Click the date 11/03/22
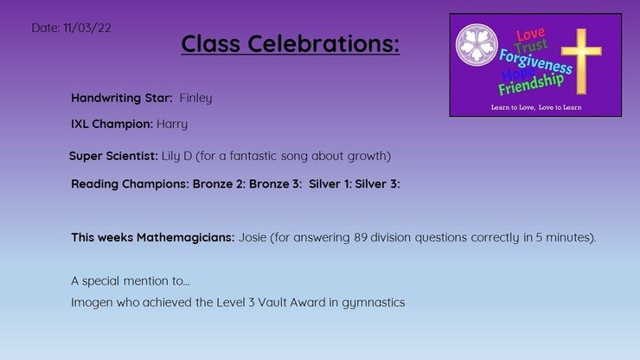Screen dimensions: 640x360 (x=87, y=28)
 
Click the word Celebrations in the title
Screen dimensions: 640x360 (x=323, y=43)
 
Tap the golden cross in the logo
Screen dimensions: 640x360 (x=581, y=61)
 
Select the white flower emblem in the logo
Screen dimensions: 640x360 (x=477, y=44)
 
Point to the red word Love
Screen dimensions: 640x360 (x=530, y=34)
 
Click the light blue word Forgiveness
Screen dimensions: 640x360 (x=535, y=61)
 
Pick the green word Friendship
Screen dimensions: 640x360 (x=531, y=84)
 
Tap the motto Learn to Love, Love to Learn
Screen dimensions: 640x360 (x=536, y=107)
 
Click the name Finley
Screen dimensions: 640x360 (x=196, y=98)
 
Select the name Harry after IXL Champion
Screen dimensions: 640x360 (x=172, y=125)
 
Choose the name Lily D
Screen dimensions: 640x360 (x=176, y=156)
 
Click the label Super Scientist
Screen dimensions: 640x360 (x=113, y=156)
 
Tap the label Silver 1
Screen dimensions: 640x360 (x=330, y=183)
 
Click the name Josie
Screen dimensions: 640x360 (x=253, y=237)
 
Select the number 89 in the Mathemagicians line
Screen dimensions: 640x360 (x=361, y=237)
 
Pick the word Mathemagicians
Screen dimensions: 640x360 (x=185, y=237)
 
